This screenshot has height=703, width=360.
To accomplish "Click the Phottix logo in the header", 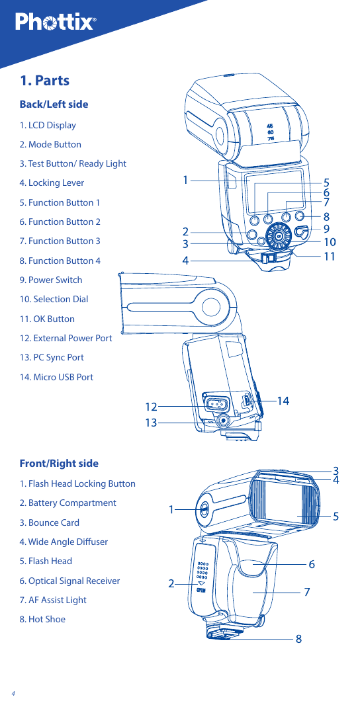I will click(56, 22).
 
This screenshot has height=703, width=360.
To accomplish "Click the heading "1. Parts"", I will click(44, 81).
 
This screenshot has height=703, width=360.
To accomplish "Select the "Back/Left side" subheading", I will click(54, 104).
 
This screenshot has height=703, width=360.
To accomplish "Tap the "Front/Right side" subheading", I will click(59, 464).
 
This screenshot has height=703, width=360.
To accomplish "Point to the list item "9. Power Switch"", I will click(51, 280).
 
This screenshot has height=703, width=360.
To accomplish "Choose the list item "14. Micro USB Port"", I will click(56, 377).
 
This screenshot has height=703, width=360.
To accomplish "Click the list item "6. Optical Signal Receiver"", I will click(69, 581).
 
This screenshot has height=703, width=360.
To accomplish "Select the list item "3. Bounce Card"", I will click(49, 522).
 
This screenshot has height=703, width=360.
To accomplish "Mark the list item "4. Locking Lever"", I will click(52, 183).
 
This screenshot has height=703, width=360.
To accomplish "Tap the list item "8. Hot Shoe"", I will click(42, 619).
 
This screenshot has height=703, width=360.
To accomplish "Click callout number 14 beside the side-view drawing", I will click(283, 400).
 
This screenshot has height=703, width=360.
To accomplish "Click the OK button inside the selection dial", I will click(279, 235).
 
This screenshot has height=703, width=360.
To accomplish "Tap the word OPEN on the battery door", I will click(201, 590).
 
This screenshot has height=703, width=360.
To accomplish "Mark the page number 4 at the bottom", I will click(13, 693).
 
